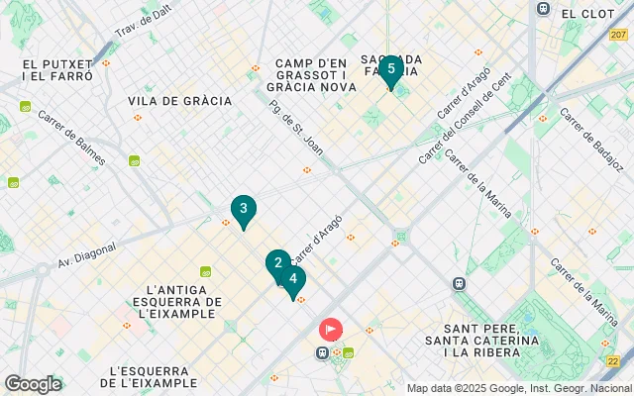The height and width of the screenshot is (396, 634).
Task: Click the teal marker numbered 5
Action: pyautogui.click(x=391, y=70)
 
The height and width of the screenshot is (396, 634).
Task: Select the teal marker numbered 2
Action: pyautogui.click(x=277, y=263)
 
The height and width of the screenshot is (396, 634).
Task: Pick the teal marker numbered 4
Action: pyautogui.click(x=292, y=279)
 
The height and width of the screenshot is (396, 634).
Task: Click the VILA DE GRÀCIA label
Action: pyautogui.click(x=179, y=101)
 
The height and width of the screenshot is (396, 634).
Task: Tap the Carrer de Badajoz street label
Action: pyautogui.click(x=591, y=138)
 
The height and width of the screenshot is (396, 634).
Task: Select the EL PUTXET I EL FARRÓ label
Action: pyautogui.click(x=56, y=69)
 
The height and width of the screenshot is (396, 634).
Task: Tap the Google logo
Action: pyautogui.click(x=32, y=384)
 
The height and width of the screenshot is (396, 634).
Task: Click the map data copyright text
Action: pyautogui.click(x=518, y=388)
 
